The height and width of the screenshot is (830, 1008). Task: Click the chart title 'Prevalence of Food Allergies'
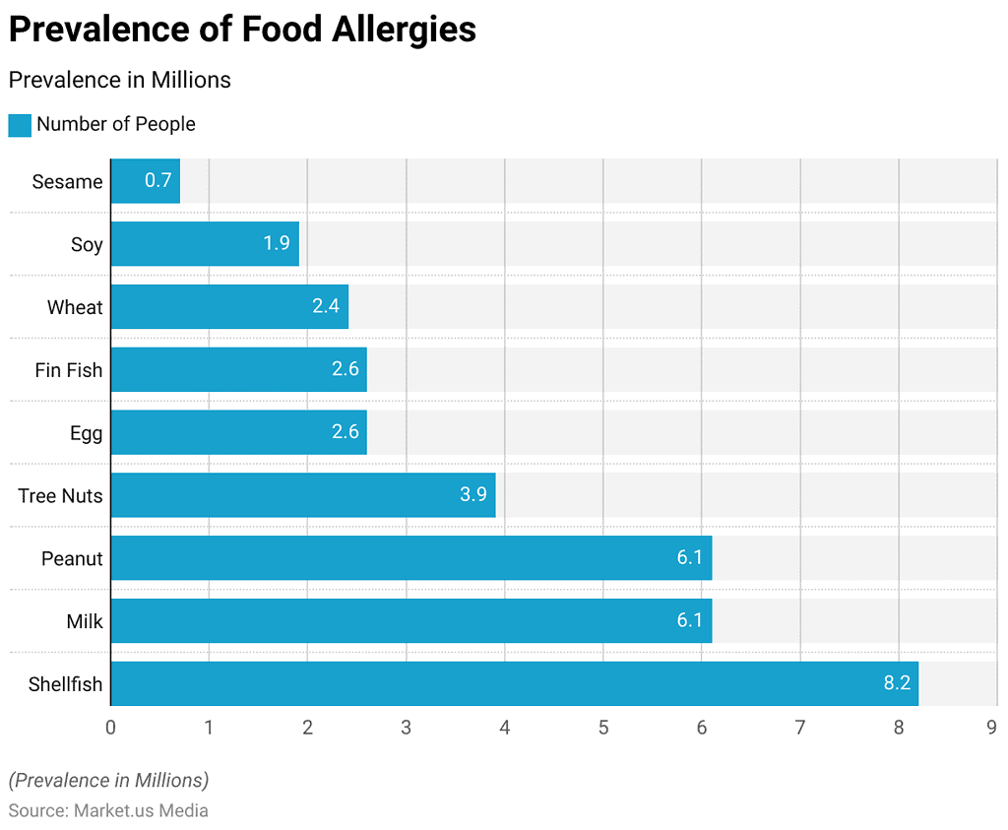[x=242, y=30]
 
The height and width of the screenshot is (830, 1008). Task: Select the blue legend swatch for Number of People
[x=20, y=125]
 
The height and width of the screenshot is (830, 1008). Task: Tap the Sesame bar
[x=145, y=181]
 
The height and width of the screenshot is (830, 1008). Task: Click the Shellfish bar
[x=514, y=683]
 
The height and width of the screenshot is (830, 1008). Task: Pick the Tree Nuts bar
[x=302, y=494]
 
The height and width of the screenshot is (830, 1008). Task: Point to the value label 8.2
[x=897, y=683]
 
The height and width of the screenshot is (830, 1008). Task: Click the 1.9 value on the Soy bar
[x=277, y=243]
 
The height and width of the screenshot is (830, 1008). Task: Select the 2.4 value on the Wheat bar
[x=326, y=306]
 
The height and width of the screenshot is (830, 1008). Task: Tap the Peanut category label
[x=72, y=558]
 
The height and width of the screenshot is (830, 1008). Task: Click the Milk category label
[x=85, y=621]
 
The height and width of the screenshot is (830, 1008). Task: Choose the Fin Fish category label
[x=69, y=370]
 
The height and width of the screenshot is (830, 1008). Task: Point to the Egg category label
[x=87, y=433]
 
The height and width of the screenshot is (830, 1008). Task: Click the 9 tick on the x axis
[x=992, y=728]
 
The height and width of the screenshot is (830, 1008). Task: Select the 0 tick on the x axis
[x=110, y=728]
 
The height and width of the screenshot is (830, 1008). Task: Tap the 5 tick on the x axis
[x=603, y=728]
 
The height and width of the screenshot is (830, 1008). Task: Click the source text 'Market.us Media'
[x=141, y=811]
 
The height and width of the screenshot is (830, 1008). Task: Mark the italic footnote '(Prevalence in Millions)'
[x=108, y=781]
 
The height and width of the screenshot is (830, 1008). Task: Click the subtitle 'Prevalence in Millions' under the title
[x=120, y=80]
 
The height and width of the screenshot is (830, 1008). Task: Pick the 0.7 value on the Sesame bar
[x=157, y=181]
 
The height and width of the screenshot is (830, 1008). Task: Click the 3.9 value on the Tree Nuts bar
[x=473, y=494]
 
